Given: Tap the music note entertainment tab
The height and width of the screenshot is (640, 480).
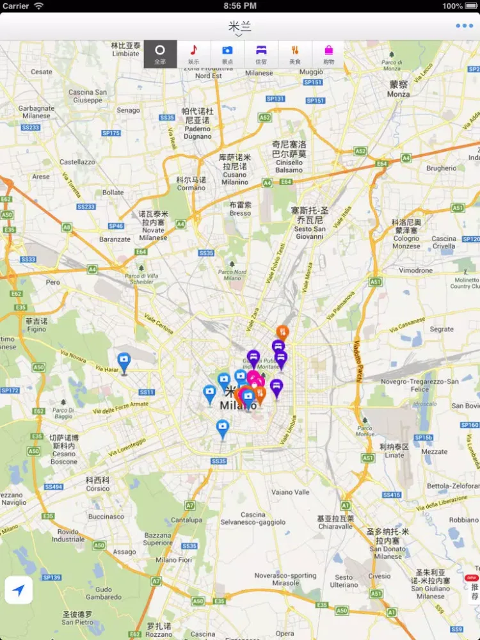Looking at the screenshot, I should click(x=193, y=53).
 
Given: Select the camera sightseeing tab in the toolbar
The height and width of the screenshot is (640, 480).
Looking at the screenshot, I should click(x=227, y=53).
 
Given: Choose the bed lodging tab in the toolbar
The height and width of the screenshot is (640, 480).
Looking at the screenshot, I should click(x=261, y=53).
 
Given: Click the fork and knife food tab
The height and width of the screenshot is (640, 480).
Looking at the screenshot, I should click(x=295, y=53).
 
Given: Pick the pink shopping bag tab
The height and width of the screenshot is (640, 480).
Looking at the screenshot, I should click(x=328, y=53).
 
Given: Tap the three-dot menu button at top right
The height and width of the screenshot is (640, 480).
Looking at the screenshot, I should click(x=464, y=26).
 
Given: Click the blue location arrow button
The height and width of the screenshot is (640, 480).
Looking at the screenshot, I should click(x=19, y=590).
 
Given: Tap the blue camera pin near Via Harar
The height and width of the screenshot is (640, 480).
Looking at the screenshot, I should click(x=124, y=362).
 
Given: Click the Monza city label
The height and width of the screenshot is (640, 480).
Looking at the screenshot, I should click(x=398, y=93).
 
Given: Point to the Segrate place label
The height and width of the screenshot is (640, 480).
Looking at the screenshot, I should click(x=442, y=330).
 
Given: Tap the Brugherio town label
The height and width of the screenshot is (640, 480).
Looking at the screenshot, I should click(x=442, y=168).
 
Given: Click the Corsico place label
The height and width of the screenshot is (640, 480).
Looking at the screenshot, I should click(x=97, y=488).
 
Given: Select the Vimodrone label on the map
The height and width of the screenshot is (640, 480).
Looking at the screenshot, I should click(x=416, y=271).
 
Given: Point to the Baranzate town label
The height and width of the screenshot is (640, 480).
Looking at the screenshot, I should click(x=115, y=239).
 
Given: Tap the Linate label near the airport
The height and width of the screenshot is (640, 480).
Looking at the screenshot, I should click(x=394, y=455).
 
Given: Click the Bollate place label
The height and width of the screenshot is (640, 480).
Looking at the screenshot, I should click(x=113, y=192).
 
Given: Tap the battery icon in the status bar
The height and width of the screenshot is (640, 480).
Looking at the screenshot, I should click(x=471, y=6).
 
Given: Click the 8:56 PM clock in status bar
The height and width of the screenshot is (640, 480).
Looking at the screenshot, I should click(x=240, y=6).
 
